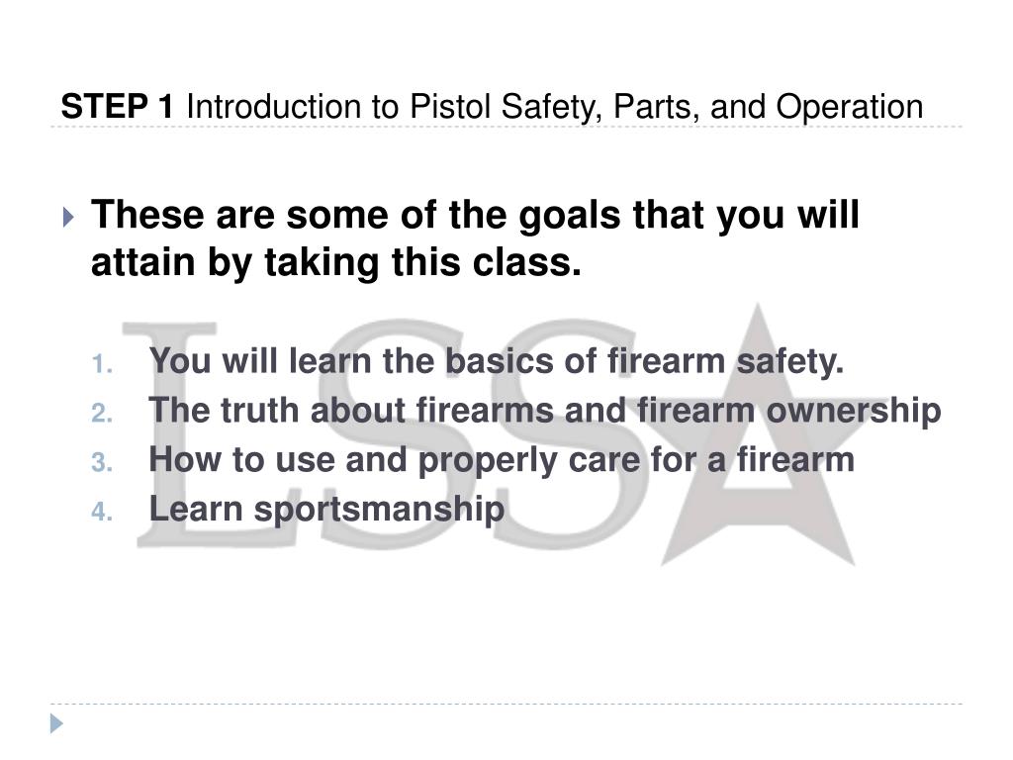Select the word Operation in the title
[x=849, y=106]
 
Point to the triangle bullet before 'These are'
[x=66, y=217]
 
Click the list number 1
[x=103, y=365]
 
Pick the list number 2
[x=103, y=413]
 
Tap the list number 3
[x=103, y=462]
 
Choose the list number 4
[x=103, y=512]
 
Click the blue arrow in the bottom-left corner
[x=57, y=722]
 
